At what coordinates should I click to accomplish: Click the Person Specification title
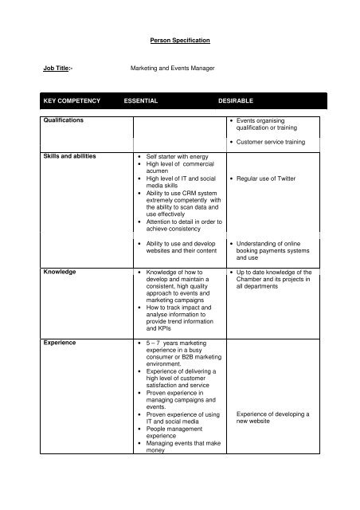[180, 37]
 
